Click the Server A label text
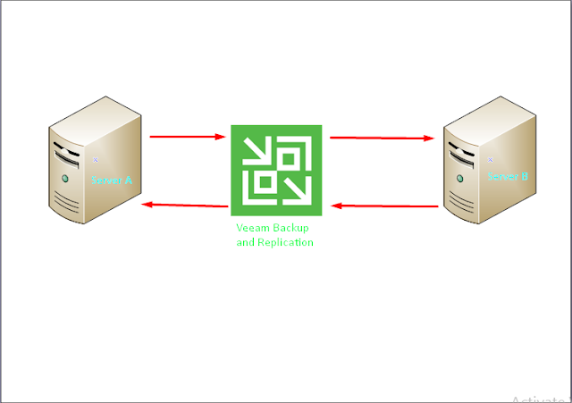tap(111, 180)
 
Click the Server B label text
tap(508, 177)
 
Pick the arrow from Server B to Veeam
tap(384, 206)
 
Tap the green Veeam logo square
tap(277, 171)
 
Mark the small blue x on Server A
tap(95, 161)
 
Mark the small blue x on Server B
tap(491, 159)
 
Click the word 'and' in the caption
tap(244, 242)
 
